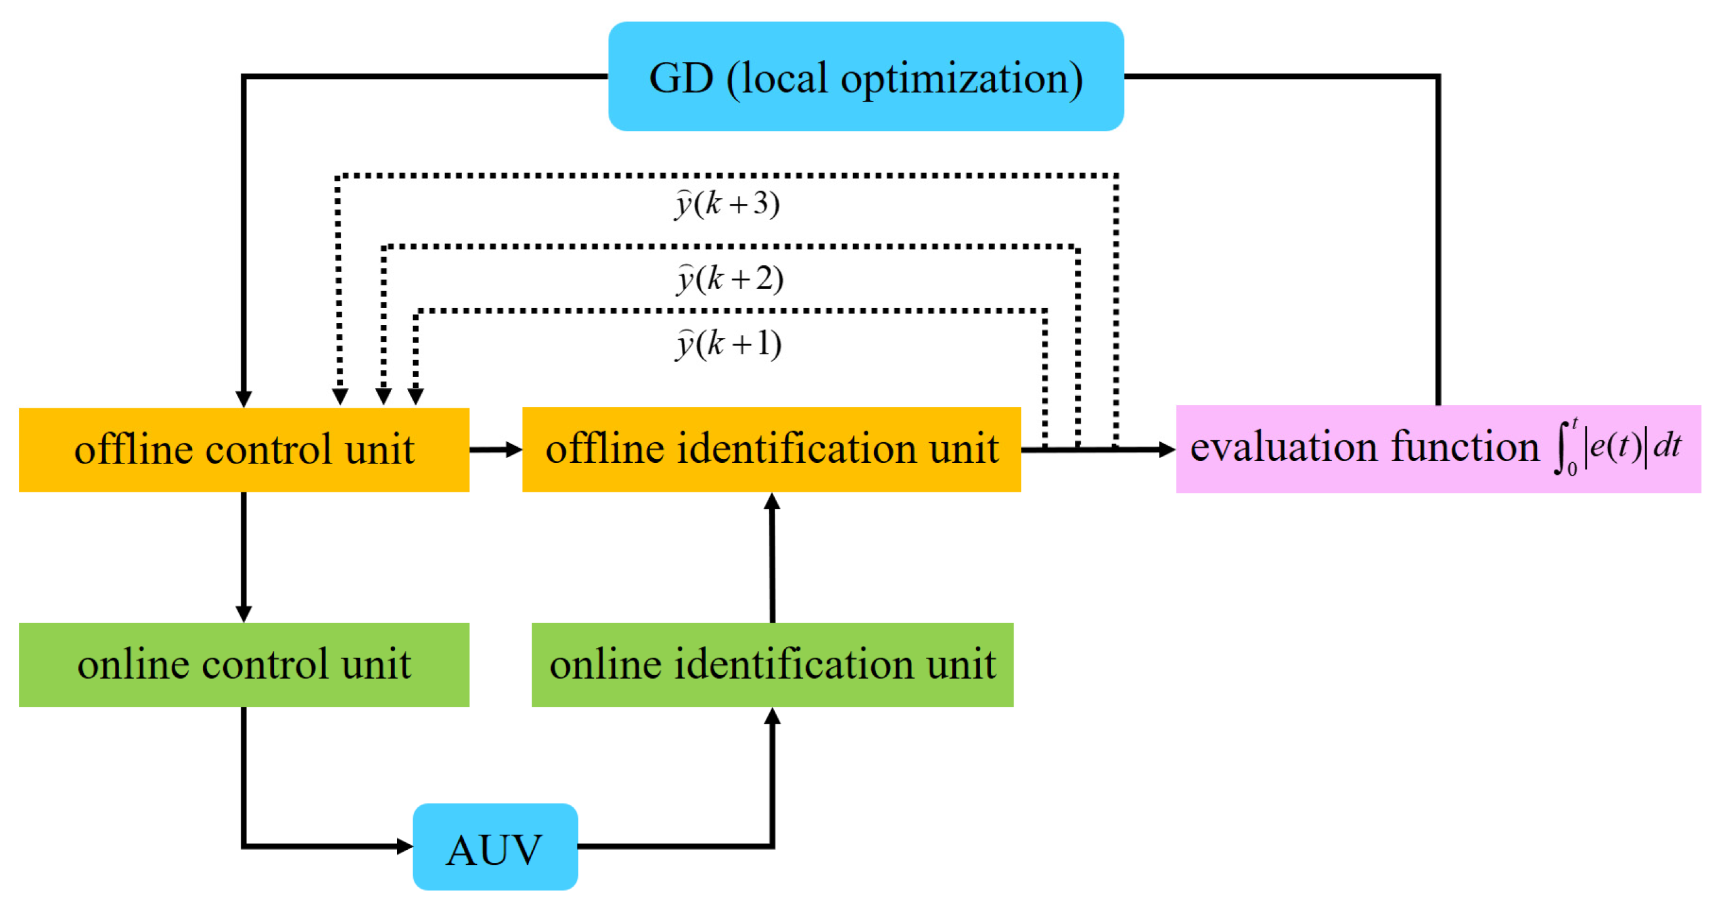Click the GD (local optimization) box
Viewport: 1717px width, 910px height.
pos(865,77)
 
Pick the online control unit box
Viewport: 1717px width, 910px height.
pos(244,664)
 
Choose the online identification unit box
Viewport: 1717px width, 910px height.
pos(772,664)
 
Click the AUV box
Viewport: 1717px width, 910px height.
pos(495,847)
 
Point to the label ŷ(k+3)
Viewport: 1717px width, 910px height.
pos(727,203)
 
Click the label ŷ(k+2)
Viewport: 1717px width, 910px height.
pos(729,278)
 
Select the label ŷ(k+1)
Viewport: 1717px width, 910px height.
pos(728,345)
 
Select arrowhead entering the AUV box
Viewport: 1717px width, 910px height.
pos(404,846)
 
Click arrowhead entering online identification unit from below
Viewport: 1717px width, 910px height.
pos(772,717)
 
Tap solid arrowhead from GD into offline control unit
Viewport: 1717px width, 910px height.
pos(244,399)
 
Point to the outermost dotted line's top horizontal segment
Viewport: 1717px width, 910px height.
pos(727,176)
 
